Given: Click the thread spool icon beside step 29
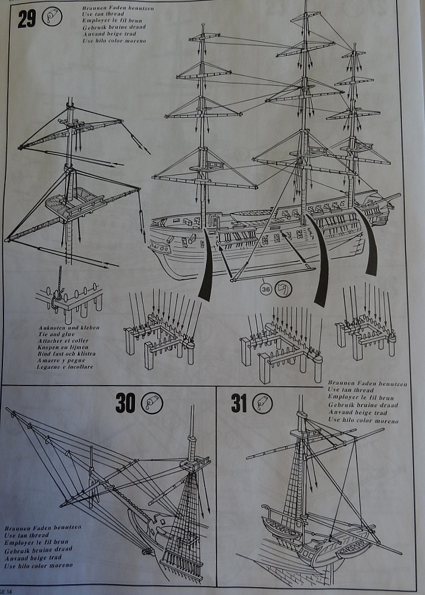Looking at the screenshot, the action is pos(52,16).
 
